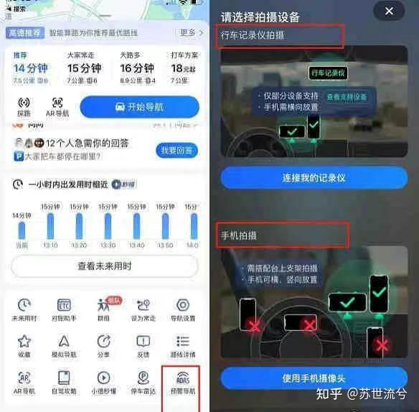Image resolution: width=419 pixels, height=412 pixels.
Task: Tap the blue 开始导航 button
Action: [139, 107]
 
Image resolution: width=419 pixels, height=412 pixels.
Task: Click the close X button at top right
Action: [389, 11]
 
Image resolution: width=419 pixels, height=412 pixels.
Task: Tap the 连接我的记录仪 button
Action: [314, 177]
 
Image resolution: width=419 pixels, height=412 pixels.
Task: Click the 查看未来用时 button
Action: [104, 266]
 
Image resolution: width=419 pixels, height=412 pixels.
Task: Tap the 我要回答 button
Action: [176, 150]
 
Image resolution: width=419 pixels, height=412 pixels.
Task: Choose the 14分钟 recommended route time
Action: [30, 69]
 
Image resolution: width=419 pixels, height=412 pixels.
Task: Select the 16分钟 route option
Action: [136, 69]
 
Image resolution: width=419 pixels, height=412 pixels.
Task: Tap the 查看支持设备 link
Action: [347, 96]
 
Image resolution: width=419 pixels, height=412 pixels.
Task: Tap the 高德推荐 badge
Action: [25, 33]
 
